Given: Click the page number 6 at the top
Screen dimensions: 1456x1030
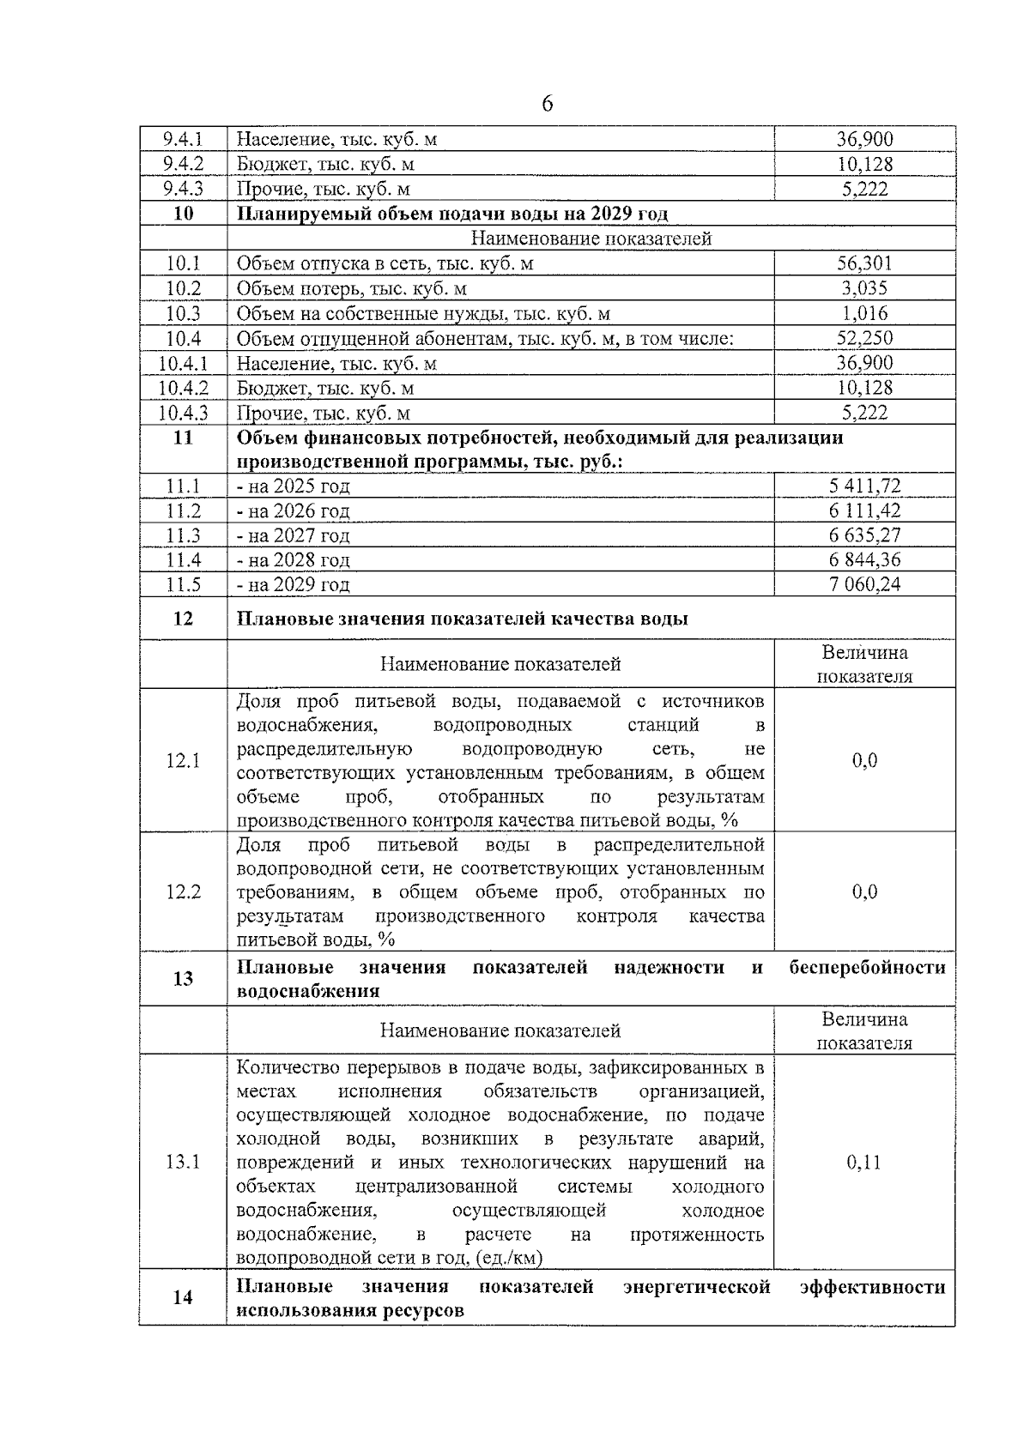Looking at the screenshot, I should tap(547, 105).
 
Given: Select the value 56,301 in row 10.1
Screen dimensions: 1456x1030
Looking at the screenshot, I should tap(864, 263).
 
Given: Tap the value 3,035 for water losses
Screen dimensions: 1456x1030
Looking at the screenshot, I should tap(864, 288).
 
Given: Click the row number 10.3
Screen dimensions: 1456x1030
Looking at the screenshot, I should tap(183, 313).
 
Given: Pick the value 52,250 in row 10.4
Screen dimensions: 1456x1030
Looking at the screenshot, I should tap(864, 338).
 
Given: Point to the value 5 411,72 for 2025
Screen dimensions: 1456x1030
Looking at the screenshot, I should tap(864, 486).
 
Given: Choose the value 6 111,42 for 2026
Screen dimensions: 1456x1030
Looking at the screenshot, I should tap(864, 511).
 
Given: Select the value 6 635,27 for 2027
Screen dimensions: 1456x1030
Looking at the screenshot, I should tap(864, 535).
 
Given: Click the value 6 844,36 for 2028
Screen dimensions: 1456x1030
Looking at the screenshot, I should tap(864, 560).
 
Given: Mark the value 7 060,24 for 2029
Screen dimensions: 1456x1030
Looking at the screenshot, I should tap(864, 584).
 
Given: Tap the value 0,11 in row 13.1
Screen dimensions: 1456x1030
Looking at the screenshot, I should tap(864, 1163).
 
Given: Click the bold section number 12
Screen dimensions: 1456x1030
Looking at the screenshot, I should tap(183, 619).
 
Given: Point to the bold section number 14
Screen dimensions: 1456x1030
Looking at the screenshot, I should tap(183, 1297).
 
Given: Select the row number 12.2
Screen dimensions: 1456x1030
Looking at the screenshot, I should tap(183, 892).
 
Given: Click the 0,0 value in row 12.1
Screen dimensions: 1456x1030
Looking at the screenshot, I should tap(864, 761).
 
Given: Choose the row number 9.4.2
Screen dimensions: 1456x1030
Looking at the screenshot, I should tap(183, 164).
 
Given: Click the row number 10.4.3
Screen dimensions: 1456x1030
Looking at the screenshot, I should tap(183, 413).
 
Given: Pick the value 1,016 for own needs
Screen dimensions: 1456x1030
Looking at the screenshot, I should tap(864, 313).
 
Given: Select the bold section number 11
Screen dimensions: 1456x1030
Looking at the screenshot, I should tap(183, 438).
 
